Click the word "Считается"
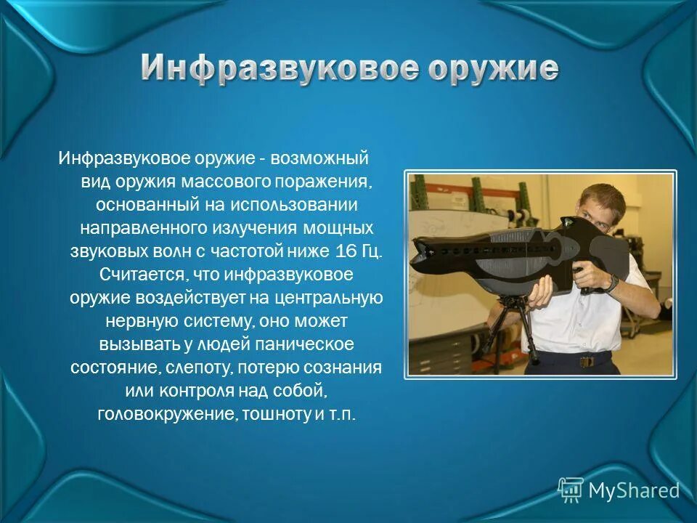(131, 275)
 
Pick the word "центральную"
(336, 299)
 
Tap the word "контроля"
(191, 390)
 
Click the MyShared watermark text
(633, 490)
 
